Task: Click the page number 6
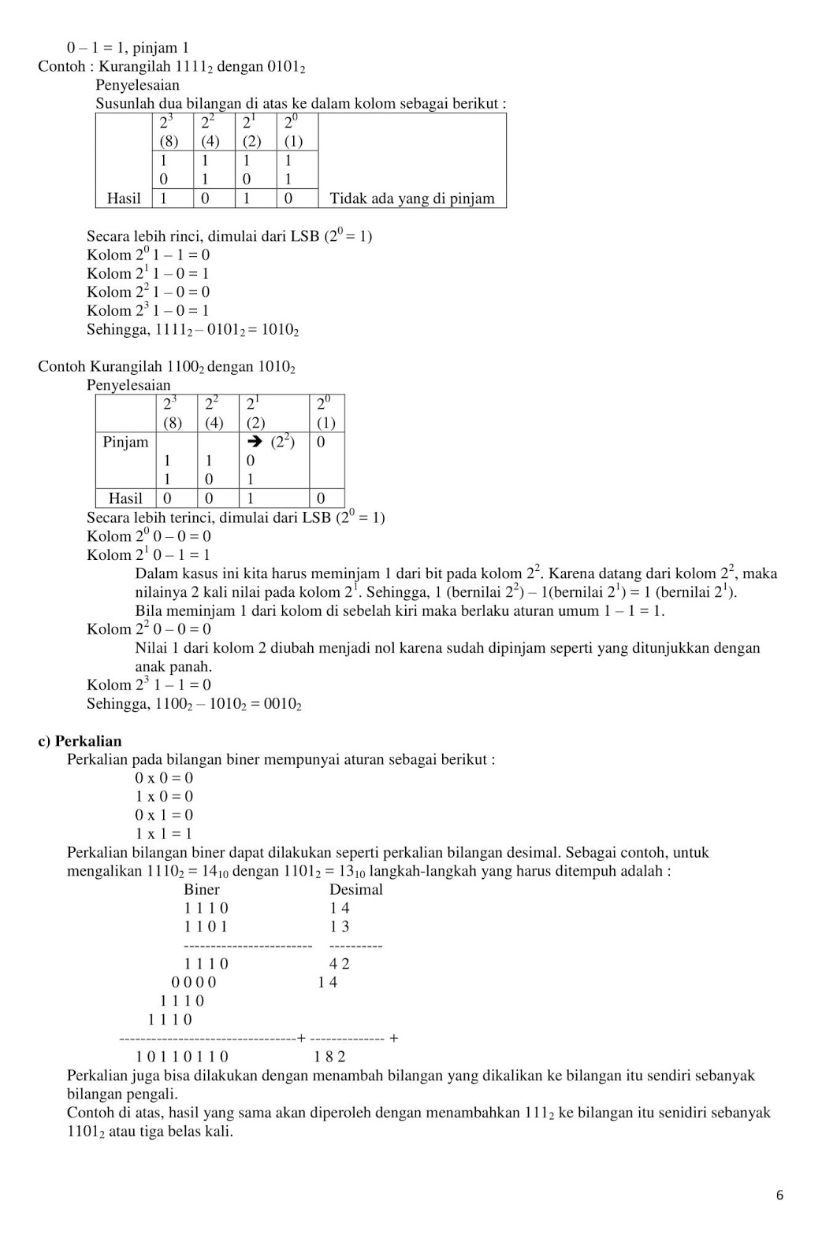(779, 1195)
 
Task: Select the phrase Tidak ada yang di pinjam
(411, 198)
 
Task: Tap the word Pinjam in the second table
(125, 442)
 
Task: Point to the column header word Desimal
(355, 890)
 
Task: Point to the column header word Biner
(202, 890)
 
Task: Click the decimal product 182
(329, 1057)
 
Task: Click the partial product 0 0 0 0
(194, 983)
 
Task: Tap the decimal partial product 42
(340, 964)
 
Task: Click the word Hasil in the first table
(124, 198)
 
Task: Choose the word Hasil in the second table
(125, 498)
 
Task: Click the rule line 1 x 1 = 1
(164, 834)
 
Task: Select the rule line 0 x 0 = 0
(164, 778)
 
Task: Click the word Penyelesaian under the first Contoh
(138, 85)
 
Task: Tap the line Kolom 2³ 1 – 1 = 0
(149, 685)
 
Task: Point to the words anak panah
(173, 666)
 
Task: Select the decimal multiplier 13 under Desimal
(340, 927)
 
